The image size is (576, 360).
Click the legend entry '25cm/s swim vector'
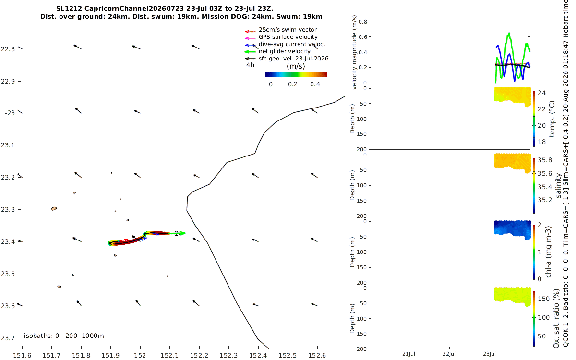coord(288,30)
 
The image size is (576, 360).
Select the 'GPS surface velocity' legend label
coord(288,37)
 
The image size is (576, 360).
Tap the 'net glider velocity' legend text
coord(284,51)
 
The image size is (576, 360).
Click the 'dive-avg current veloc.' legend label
coord(292,44)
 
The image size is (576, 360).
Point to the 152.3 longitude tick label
coord(228,356)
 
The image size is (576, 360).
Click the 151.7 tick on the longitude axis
coord(51,356)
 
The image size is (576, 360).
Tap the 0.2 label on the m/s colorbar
coord(293,84)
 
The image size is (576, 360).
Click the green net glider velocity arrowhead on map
coord(182,233)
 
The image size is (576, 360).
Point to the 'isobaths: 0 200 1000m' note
coord(64,336)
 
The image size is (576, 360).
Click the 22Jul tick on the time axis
coord(449,354)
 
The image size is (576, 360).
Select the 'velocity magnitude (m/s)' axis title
coord(354,52)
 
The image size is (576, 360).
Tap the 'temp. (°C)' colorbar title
coord(552,119)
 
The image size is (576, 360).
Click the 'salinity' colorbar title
coord(558,186)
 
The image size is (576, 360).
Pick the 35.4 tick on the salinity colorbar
coord(545,187)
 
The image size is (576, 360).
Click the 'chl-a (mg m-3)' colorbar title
coord(548,252)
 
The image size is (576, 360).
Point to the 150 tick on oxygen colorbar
coord(543,299)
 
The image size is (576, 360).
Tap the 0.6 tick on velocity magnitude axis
coord(363,37)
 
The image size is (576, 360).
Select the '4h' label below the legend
coord(250,65)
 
